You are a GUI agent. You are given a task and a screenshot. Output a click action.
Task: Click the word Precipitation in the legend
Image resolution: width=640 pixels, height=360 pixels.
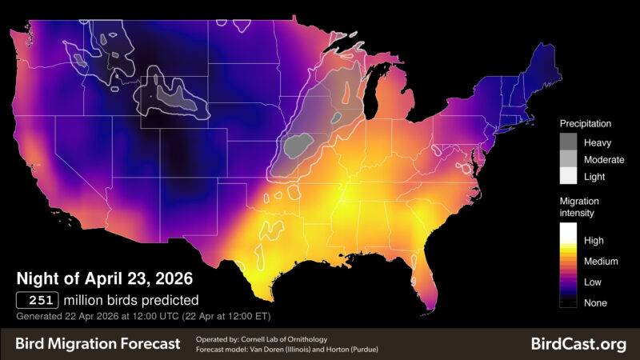(585, 124)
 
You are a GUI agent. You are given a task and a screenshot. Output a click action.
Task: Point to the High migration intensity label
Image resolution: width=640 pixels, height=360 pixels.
(595, 240)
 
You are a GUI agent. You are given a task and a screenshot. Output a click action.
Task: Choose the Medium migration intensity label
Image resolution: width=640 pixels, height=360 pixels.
(601, 261)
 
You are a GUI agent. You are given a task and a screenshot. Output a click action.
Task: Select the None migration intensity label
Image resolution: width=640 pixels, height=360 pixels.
(596, 303)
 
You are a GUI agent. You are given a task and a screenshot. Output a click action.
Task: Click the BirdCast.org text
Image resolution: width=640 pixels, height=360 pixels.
(578, 344)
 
